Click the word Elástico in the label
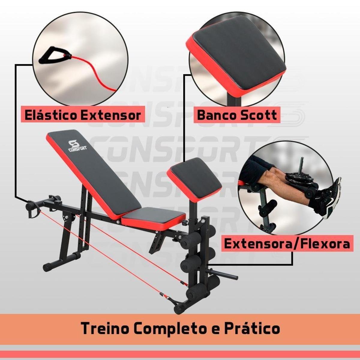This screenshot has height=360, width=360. (51, 115)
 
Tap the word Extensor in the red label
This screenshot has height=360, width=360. (111, 115)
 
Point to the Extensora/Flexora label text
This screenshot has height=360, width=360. (287, 244)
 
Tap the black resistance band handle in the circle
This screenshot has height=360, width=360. (55, 55)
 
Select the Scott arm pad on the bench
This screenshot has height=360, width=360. (194, 179)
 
